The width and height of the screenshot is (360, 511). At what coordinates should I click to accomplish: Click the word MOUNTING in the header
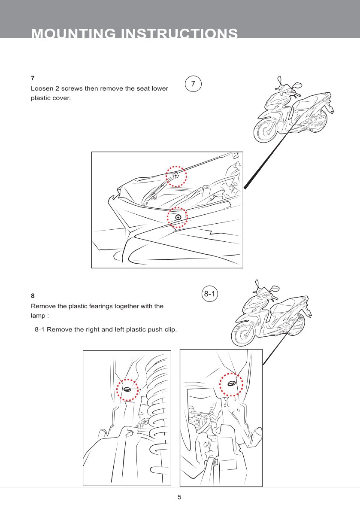pyautogui.click(x=74, y=34)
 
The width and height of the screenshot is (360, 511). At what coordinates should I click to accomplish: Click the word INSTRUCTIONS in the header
pyautogui.click(x=179, y=34)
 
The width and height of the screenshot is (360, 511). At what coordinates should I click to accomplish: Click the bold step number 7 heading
pyautogui.click(x=33, y=78)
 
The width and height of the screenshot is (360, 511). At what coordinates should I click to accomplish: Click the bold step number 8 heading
pyautogui.click(x=33, y=296)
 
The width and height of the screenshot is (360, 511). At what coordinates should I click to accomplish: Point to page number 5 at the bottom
pyautogui.click(x=180, y=497)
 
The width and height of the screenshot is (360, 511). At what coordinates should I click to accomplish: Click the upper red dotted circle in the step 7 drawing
pyautogui.click(x=176, y=176)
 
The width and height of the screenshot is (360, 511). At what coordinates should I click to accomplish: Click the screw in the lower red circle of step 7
pyautogui.click(x=178, y=218)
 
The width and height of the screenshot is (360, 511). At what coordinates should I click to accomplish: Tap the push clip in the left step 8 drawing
pyautogui.click(x=127, y=389)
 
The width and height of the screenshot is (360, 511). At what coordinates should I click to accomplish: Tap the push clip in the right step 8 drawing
pyautogui.click(x=231, y=383)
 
